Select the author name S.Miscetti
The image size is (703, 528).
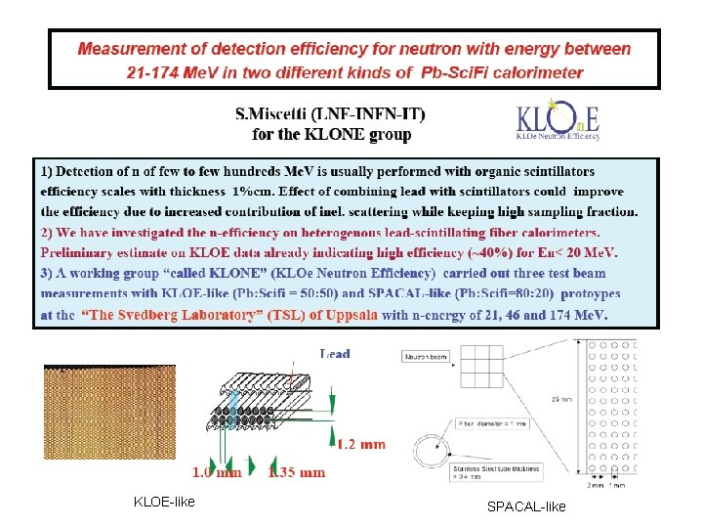[282, 114]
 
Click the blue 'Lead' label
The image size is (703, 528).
[335, 353]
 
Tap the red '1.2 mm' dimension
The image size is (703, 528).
[361, 445]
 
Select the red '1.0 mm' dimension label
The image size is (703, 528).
[216, 472]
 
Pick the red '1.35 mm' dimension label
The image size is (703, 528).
[297, 472]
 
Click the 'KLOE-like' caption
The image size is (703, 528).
[164, 503]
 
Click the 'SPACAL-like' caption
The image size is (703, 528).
[526, 506]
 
